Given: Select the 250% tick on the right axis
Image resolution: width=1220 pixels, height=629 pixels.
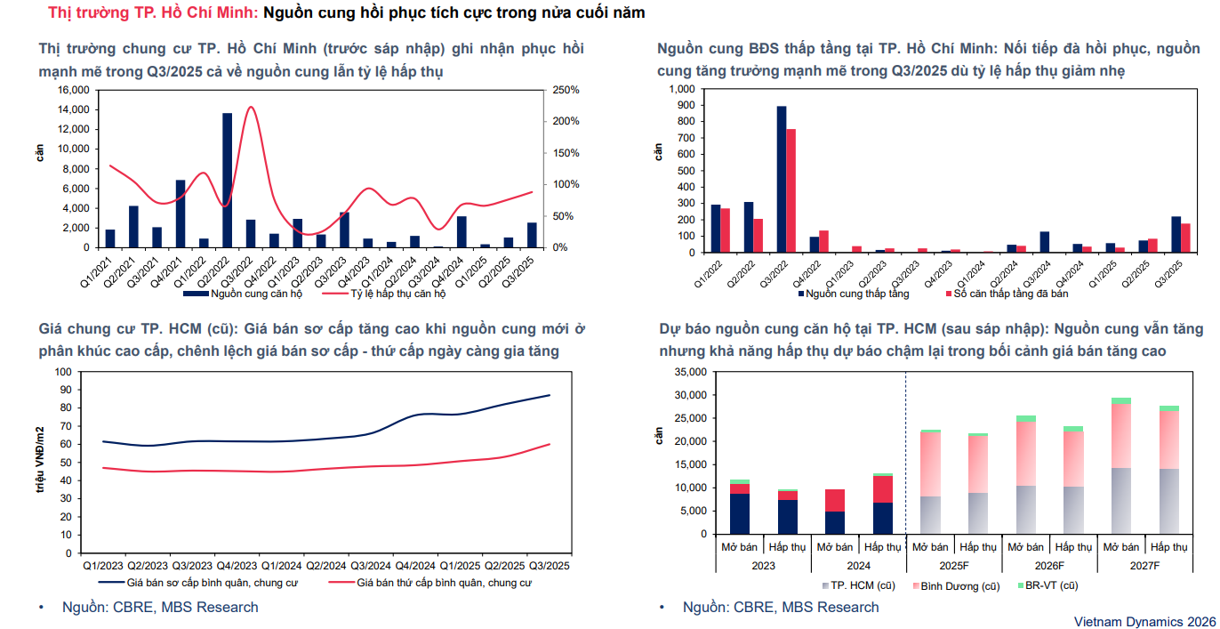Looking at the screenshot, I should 566,90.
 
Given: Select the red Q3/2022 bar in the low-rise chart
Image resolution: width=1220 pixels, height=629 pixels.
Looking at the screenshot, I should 791,190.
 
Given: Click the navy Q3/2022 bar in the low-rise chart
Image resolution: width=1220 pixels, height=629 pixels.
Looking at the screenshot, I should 781,179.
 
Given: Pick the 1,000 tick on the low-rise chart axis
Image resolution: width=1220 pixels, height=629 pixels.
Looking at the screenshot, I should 678,90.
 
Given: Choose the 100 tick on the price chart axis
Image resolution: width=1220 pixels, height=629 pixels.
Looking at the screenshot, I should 63,372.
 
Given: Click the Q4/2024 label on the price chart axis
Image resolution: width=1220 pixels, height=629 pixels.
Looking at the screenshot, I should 415,565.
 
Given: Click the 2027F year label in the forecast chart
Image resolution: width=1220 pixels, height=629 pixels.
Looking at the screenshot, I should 1145,566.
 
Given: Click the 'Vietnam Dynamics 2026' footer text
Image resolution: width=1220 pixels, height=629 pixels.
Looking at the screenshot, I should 1144,620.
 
